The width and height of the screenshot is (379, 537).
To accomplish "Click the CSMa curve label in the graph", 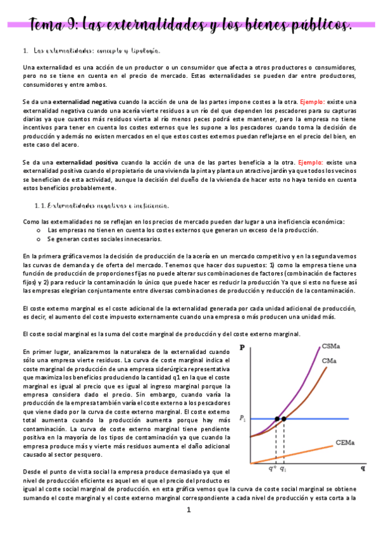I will (330, 346).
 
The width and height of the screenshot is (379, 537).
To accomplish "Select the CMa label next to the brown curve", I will (328, 360).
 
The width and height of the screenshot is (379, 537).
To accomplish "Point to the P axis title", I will (243, 347).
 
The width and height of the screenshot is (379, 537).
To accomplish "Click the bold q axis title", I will (363, 469).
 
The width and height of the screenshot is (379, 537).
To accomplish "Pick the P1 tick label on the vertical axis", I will (243, 419).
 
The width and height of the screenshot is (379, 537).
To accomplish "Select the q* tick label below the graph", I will (273, 469).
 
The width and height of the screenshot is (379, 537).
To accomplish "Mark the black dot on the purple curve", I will (276, 419).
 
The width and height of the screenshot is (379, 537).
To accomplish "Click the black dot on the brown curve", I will (284, 419).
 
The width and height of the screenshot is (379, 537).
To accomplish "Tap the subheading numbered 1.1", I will (101, 206).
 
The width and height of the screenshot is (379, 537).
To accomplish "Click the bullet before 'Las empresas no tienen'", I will (40, 231).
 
